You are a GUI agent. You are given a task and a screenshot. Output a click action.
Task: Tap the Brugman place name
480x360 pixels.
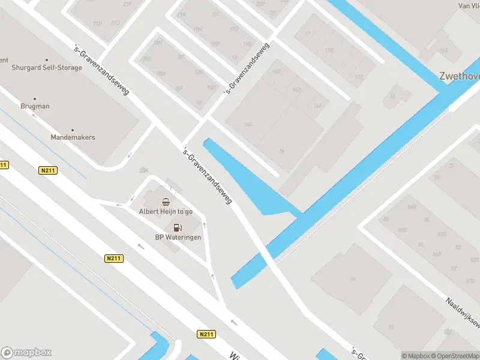click(x=34, y=106)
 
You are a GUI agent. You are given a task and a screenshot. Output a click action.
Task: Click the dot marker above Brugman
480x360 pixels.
click(x=34, y=99)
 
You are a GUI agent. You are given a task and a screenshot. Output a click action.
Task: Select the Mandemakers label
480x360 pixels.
click(x=73, y=137)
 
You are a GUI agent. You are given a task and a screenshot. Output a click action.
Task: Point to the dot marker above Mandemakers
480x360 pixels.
click(x=73, y=130)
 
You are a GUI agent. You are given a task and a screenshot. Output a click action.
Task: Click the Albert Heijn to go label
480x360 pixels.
click(x=166, y=211)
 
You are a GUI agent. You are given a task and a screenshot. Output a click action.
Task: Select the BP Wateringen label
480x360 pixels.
click(x=178, y=237)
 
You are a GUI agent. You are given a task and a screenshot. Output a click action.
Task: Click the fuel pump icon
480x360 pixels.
click(x=178, y=227)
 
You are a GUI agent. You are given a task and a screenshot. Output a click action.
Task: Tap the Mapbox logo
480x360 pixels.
click(x=26, y=352)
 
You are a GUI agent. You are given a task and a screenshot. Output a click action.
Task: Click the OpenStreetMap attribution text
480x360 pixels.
click(x=454, y=356)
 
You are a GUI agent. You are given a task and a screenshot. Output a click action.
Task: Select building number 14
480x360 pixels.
click(x=353, y=278)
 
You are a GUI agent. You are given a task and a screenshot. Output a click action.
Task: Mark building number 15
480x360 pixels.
click(x=391, y=326)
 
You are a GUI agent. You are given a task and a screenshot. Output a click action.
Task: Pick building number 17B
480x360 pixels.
click(x=328, y=50)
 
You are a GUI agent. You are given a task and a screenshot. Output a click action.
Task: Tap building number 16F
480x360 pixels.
click(x=318, y=106)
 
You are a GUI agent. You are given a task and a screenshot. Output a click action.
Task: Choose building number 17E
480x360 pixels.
click(x=359, y=77)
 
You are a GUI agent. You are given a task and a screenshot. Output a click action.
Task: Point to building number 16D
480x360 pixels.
click(x=296, y=89)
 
